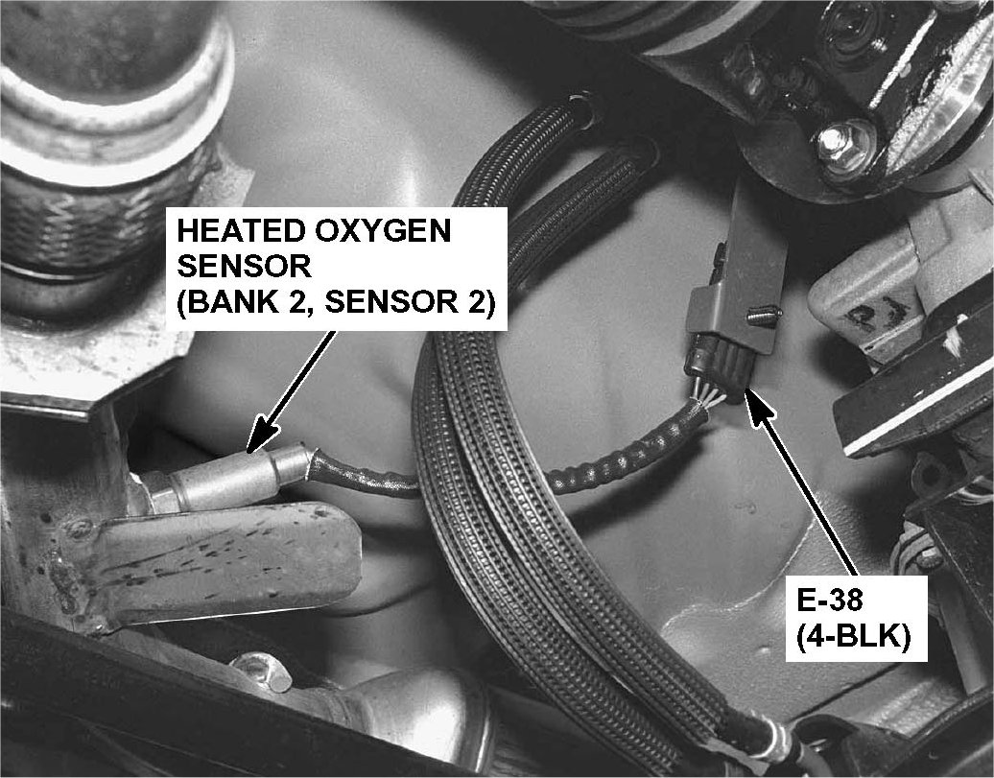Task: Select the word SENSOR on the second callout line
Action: (x=244, y=267)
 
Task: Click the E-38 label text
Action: (x=829, y=598)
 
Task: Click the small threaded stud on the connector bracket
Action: (x=764, y=315)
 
